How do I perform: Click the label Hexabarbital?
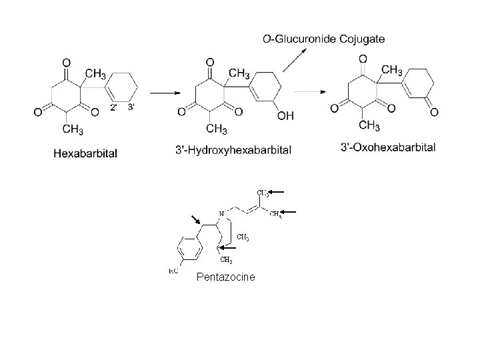pyautogui.click(x=85, y=153)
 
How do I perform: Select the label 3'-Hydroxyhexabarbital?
pyautogui.click(x=232, y=151)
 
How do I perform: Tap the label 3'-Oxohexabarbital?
pyautogui.click(x=388, y=147)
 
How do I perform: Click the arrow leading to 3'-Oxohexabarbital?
pyautogui.click(x=311, y=90)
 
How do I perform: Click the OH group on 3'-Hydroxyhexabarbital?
pyautogui.click(x=285, y=116)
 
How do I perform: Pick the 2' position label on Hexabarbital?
pyautogui.click(x=114, y=107)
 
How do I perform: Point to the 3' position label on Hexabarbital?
pyautogui.click(x=131, y=107)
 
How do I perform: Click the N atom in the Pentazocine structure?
pyautogui.click(x=221, y=213)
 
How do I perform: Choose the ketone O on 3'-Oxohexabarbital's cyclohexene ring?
pyautogui.click(x=434, y=111)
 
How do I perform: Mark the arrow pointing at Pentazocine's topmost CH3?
pyautogui.click(x=277, y=192)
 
